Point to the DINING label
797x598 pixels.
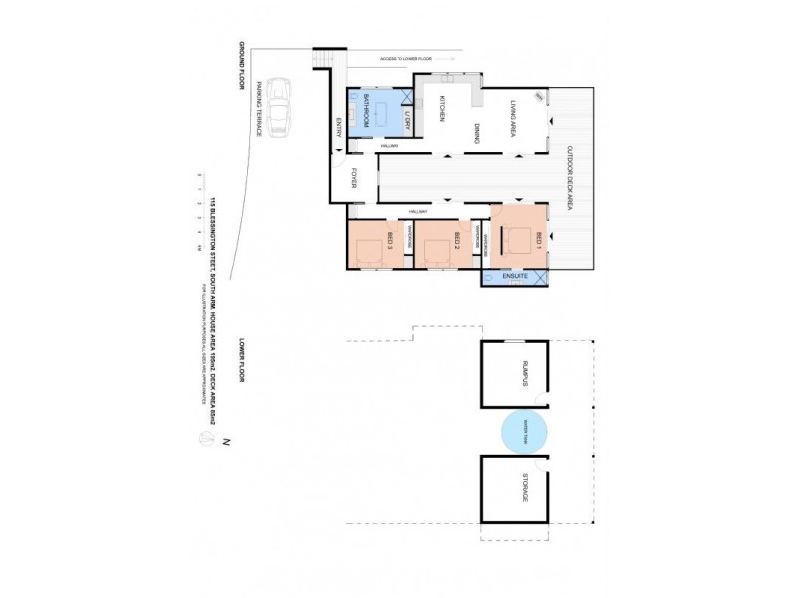point(478,133)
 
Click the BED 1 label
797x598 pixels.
point(538,240)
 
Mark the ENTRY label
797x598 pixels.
point(339,127)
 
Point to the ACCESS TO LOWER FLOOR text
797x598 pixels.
point(404,58)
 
